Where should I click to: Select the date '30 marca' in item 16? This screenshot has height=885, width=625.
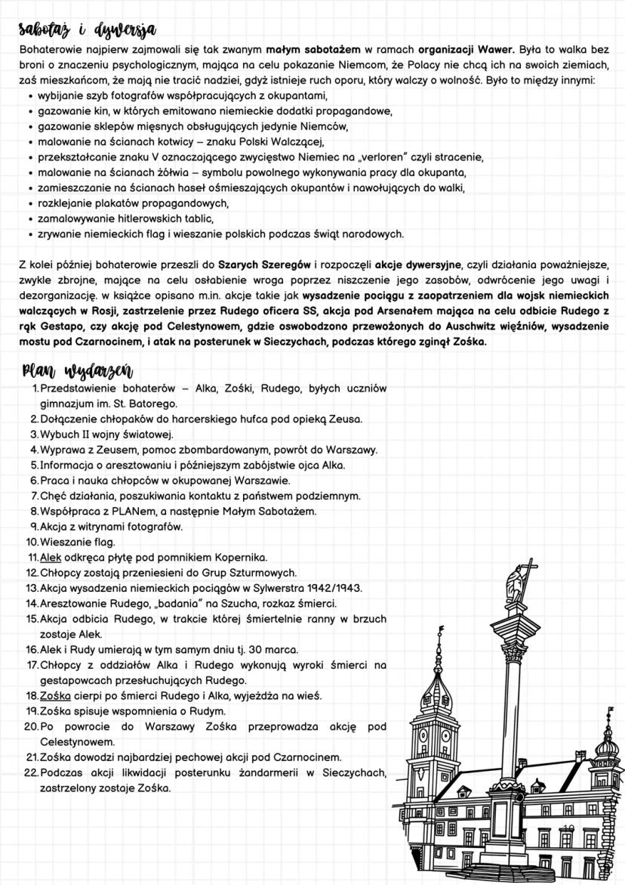[273, 649]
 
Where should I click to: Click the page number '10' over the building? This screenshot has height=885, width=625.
[567, 830]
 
